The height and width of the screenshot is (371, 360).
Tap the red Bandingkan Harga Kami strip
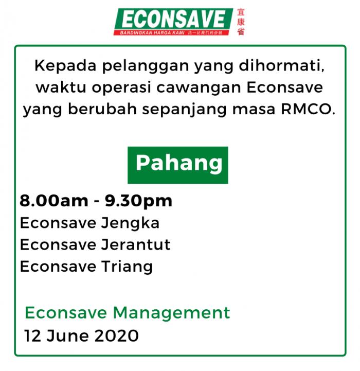pos(172,32)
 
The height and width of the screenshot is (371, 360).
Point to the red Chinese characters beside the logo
pos(241,22)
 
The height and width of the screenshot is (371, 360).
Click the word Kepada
pos(65,65)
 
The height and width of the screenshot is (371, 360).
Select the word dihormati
pos(281,65)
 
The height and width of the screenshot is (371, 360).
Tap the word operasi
pos(121,87)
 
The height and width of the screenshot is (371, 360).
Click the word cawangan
pos(199,88)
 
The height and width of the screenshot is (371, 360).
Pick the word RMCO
pos(308,109)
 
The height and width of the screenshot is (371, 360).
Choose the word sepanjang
pos(184,110)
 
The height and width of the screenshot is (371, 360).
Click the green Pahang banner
pos(178,165)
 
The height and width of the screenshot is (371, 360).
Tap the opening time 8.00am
pos(54,201)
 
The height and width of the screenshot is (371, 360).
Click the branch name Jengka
pos(130,223)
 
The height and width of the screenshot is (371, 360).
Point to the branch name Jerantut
pos(136,244)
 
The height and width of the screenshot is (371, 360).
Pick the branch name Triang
pos(127,267)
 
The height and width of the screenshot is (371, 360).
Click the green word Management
pos(171,313)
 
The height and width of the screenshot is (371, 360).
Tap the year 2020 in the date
pos(117,335)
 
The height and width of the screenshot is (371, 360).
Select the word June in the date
pos(67,335)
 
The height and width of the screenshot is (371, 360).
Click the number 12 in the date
pos(33,335)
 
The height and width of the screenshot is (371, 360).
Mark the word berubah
pos(102,109)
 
